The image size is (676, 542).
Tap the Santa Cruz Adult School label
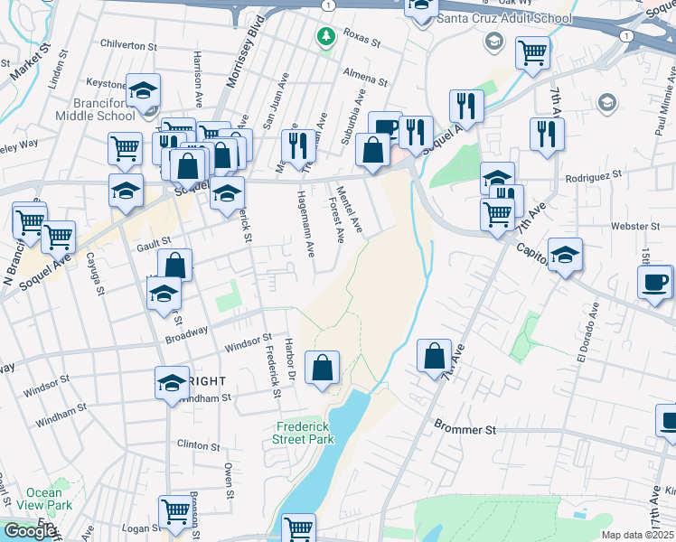coord(503,18)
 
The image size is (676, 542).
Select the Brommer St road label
coord(465,428)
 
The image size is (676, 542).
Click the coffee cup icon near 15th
coord(655,282)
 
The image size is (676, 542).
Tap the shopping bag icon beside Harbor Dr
coord(323,367)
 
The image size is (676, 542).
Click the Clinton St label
coord(193,444)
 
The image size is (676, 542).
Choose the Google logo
coord(30,531)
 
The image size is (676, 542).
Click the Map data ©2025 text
coord(637,535)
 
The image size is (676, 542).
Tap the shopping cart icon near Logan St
coord(174,511)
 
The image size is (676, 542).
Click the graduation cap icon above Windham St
coord(171,383)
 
